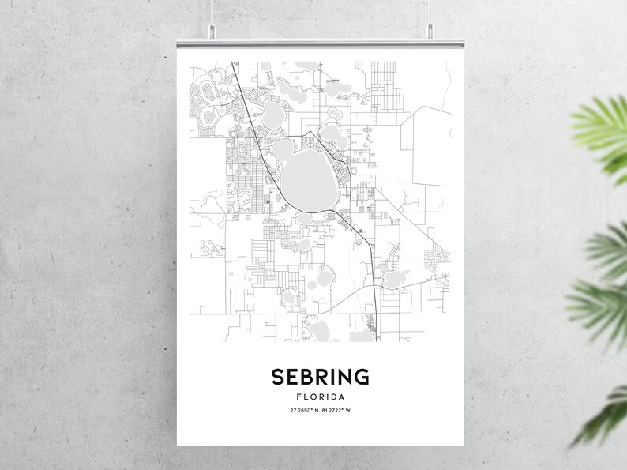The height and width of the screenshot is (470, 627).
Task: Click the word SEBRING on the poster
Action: [x=321, y=377]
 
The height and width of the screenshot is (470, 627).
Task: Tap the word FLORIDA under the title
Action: [x=321, y=397]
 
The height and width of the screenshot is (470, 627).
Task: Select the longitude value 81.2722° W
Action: [x=340, y=411]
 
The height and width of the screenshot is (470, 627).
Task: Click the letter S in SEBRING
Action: [x=278, y=377]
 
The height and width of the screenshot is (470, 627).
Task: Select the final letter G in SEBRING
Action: [x=362, y=377]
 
